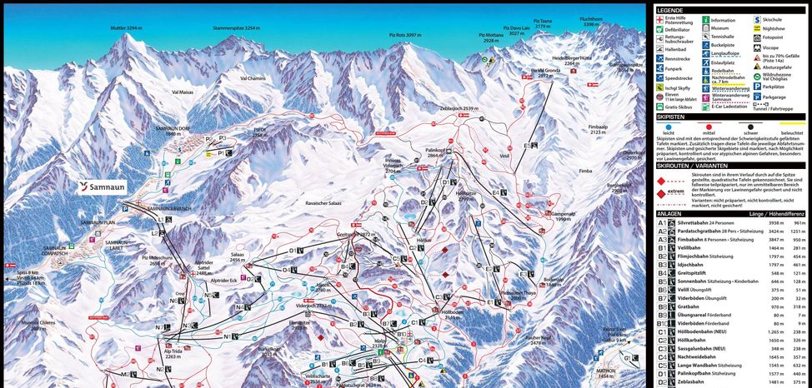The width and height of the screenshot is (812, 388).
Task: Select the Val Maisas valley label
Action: (x=183, y=92)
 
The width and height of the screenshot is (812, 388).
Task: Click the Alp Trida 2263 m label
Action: (x=173, y=353)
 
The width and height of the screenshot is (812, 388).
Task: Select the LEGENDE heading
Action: (x=670, y=9)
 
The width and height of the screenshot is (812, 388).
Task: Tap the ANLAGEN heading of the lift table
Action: (x=672, y=214)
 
